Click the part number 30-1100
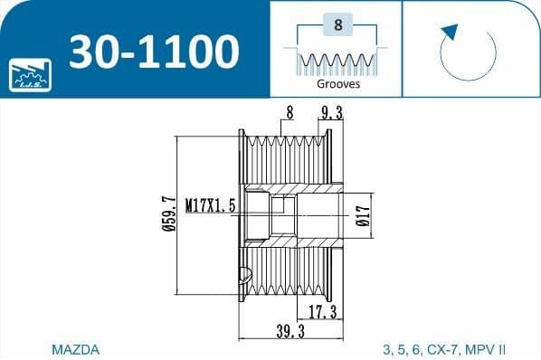tap(154, 52)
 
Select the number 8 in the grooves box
tap(337, 26)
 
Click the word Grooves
tap(337, 83)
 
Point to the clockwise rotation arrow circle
tap(469, 52)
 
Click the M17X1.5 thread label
tap(210, 206)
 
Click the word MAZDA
tap(76, 348)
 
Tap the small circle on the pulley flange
tap(242, 274)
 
